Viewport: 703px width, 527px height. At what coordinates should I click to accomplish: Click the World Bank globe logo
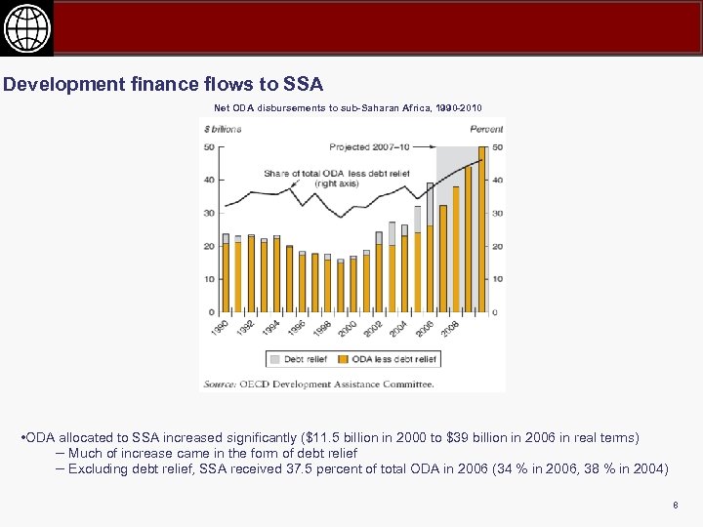[x=26, y=29]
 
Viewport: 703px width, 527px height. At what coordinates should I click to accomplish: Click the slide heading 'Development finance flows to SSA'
[x=163, y=85]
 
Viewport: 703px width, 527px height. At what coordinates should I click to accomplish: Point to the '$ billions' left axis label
[x=222, y=129]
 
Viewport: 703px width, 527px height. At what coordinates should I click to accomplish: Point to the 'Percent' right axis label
[x=487, y=129]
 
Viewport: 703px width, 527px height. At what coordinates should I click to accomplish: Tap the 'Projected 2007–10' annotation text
[x=369, y=147]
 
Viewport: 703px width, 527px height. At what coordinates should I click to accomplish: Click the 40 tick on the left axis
[x=209, y=180]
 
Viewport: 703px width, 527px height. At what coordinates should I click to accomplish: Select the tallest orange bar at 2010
[x=481, y=234]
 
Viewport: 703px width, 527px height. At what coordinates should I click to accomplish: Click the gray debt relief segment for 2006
[x=430, y=204]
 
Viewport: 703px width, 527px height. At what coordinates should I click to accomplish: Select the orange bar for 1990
[x=226, y=278]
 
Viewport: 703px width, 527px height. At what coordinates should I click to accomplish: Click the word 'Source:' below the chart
[x=220, y=384]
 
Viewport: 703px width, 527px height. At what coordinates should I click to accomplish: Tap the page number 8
[x=675, y=505]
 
